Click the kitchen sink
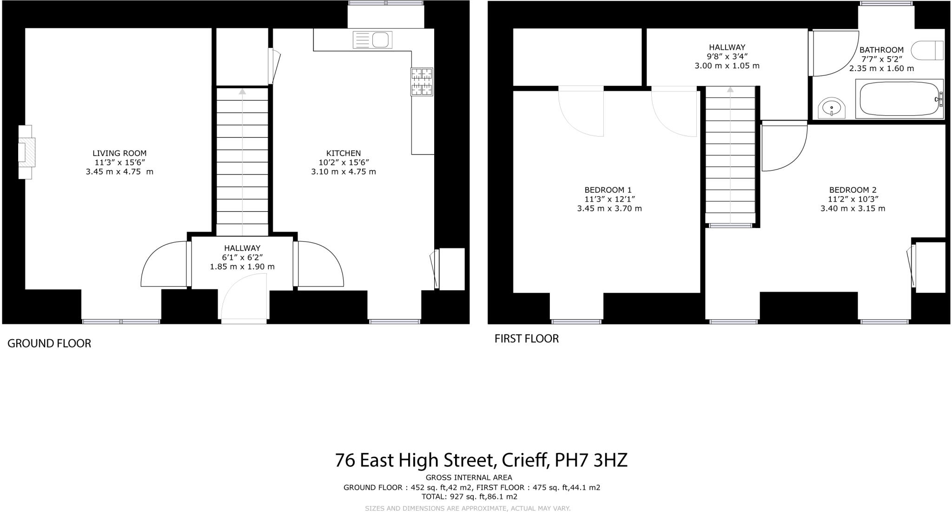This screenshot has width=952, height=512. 372,39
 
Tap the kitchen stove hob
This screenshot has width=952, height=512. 422,82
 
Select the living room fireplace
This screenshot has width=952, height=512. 26,152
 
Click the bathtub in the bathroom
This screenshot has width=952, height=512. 899,99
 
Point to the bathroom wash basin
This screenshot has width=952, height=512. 832,108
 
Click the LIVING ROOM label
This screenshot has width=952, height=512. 119,153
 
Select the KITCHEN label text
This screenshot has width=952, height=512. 344,153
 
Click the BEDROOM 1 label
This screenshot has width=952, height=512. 608,190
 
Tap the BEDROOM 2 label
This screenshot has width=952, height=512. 853,190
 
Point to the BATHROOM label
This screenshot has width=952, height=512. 881,50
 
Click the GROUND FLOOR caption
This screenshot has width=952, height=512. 49,343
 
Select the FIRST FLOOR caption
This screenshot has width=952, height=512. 526,339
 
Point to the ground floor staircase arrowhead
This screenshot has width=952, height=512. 242,92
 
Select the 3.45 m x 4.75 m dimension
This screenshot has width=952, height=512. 119,171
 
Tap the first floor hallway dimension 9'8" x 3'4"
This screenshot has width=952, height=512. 727,56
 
